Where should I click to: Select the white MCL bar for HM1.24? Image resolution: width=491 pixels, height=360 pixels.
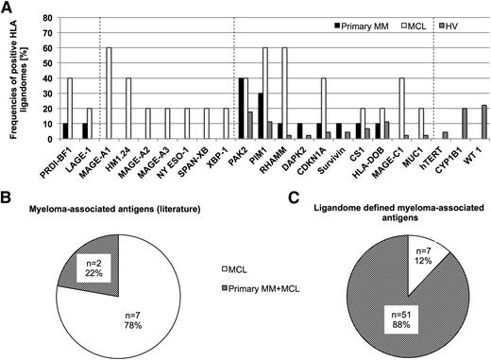pos(128,111)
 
